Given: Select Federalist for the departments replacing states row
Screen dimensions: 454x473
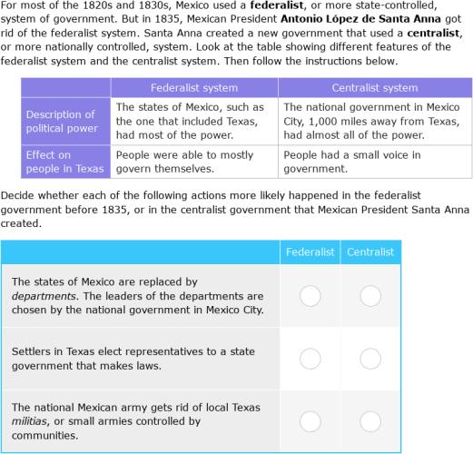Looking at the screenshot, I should [x=310, y=296].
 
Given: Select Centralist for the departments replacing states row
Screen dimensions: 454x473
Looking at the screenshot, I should [x=370, y=296].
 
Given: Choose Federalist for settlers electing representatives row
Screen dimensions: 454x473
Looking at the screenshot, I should [x=310, y=359].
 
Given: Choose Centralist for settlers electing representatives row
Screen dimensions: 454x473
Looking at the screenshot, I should [x=370, y=359].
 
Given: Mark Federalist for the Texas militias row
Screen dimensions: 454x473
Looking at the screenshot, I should [x=310, y=421].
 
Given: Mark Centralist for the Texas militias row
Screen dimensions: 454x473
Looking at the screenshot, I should [x=370, y=421].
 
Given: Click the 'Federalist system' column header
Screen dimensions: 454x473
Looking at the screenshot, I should [x=193, y=88].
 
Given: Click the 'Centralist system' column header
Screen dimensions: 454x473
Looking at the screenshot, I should [x=375, y=88].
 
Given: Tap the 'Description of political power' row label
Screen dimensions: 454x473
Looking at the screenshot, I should [x=60, y=122].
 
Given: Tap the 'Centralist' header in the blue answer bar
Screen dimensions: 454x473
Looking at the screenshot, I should [x=370, y=252].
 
